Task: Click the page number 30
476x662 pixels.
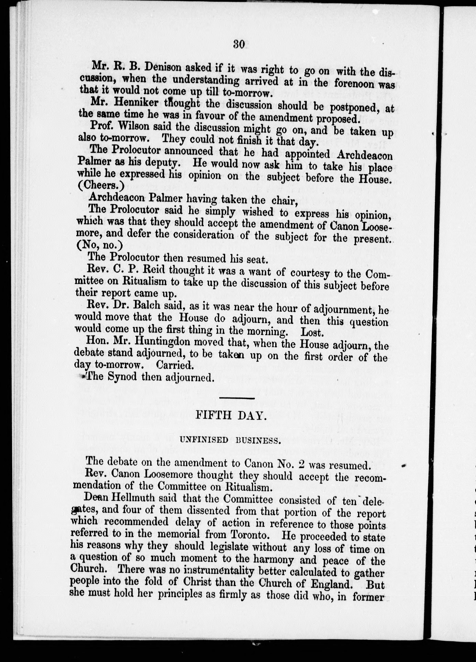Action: tap(239, 44)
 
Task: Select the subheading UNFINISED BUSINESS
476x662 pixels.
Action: tap(230, 440)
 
